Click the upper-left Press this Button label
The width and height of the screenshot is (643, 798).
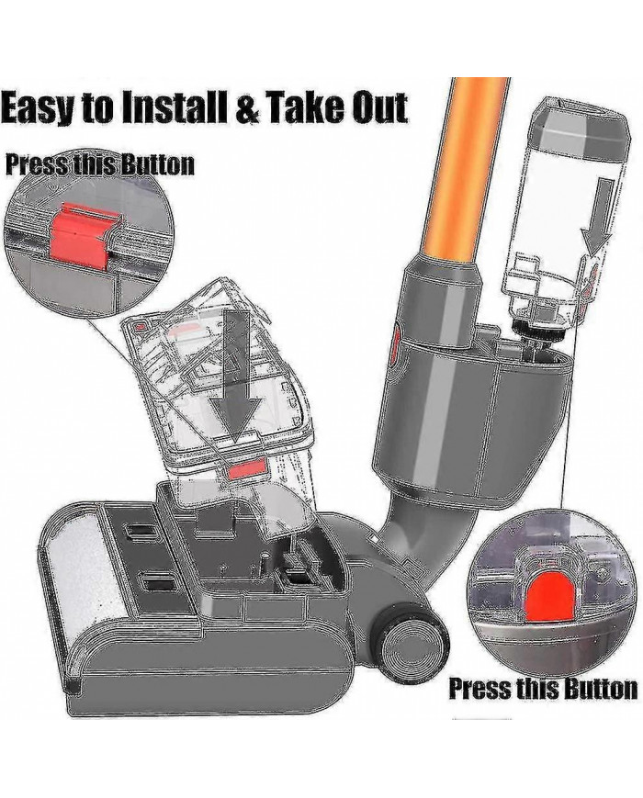click(x=99, y=164)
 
